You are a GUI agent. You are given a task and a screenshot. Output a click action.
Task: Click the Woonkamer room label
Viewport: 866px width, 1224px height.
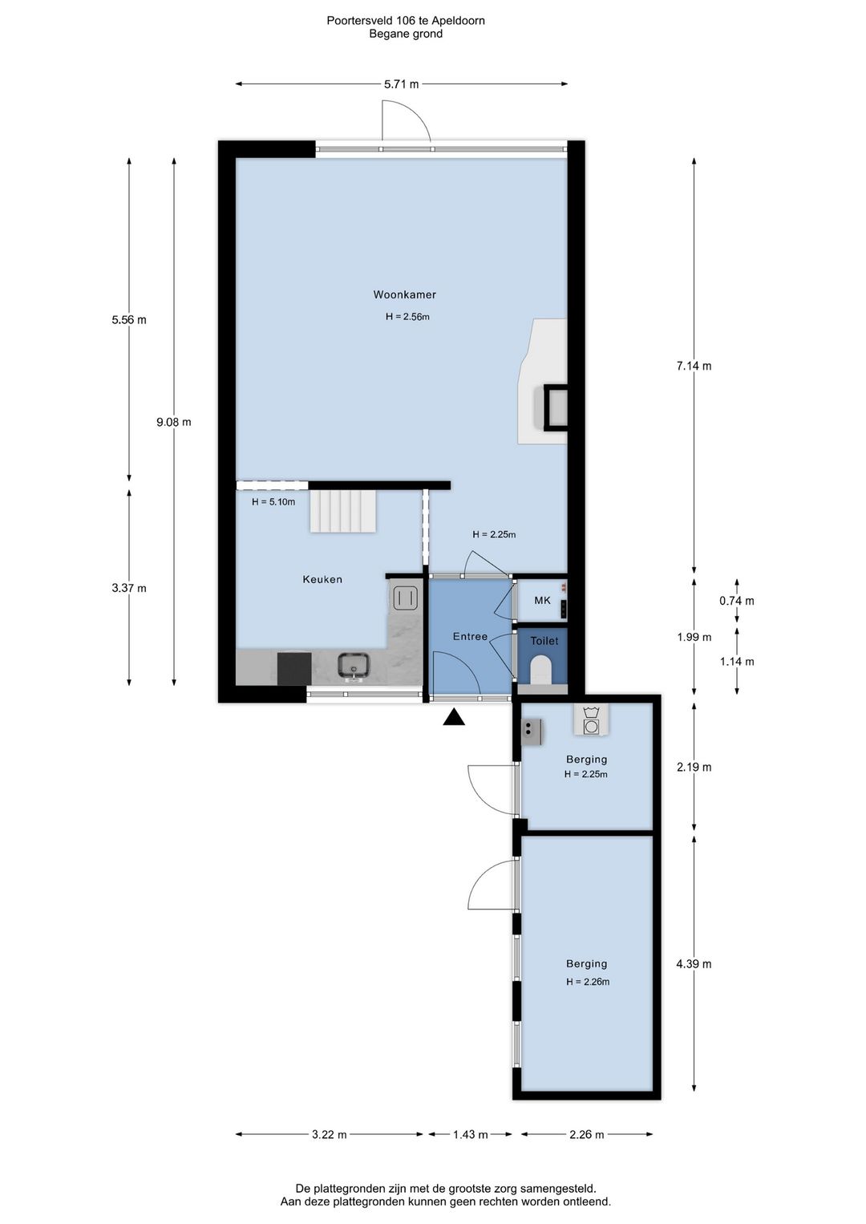click(x=404, y=294)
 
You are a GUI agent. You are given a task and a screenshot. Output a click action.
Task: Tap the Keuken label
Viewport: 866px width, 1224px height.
click(x=322, y=579)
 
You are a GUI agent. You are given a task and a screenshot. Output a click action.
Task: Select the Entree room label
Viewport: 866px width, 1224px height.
click(x=470, y=636)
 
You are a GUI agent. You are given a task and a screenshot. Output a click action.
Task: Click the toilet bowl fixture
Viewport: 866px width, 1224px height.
click(x=542, y=670)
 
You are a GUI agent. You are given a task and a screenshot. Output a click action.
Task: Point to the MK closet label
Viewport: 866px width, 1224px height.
click(x=542, y=601)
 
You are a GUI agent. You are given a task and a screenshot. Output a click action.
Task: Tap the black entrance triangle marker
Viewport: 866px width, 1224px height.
click(x=454, y=717)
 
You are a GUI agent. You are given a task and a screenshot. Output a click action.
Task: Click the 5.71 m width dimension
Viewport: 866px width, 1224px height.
click(x=402, y=84)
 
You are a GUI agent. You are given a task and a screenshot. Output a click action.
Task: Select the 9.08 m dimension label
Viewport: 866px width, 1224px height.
click(x=174, y=422)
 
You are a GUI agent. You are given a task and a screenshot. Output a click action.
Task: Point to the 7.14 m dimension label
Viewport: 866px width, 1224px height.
click(x=694, y=366)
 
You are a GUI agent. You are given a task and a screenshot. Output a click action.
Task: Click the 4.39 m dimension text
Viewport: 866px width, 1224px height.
click(x=694, y=964)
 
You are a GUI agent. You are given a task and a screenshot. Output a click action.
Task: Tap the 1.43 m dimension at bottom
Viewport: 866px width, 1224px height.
click(x=471, y=1134)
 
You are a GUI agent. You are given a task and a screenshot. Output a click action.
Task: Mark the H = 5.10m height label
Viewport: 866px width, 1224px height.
click(x=273, y=501)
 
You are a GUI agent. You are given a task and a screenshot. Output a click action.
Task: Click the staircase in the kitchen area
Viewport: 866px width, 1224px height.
click(x=342, y=510)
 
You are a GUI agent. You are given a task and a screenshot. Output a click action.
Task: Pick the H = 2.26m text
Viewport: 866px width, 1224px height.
click(x=588, y=982)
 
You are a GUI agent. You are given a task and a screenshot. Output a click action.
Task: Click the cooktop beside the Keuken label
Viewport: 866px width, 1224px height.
click(x=405, y=596)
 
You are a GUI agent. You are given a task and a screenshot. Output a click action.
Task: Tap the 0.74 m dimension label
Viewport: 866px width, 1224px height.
click(x=737, y=601)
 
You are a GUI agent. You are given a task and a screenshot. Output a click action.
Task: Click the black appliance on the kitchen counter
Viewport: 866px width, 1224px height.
click(x=294, y=668)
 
